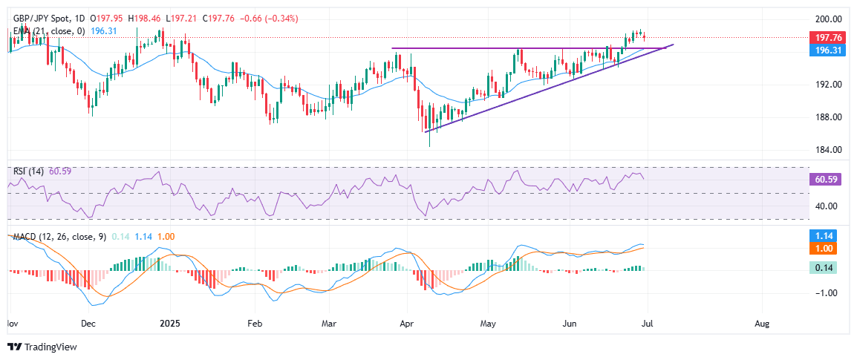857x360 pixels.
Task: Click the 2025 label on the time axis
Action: tap(171, 324)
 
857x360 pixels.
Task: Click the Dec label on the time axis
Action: tap(88, 324)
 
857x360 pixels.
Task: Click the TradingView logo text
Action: tap(50, 347)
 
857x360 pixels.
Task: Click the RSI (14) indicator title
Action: tap(29, 171)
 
